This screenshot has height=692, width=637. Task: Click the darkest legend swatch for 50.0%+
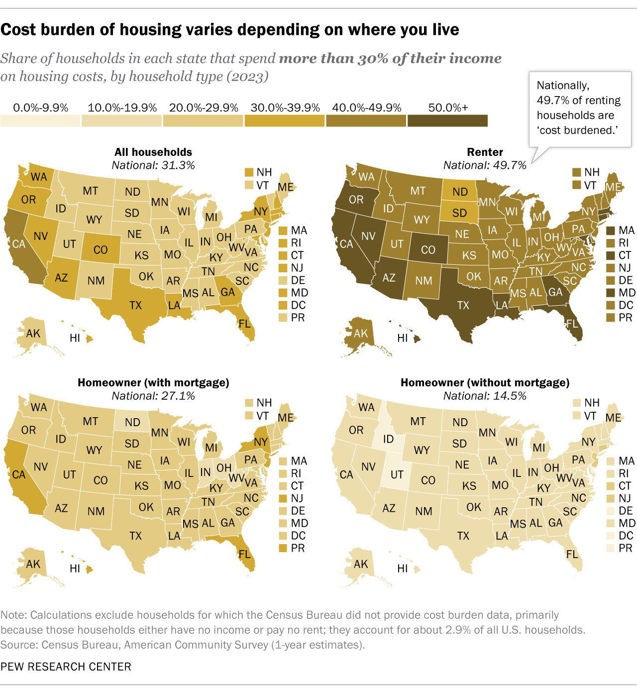click(x=447, y=120)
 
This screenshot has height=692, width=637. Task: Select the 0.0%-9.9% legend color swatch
click(x=40, y=120)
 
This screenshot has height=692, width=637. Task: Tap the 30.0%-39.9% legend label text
click(x=285, y=108)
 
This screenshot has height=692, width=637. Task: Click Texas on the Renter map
click(x=463, y=305)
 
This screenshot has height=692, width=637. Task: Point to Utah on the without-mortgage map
click(x=397, y=474)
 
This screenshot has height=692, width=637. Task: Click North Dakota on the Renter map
click(x=460, y=192)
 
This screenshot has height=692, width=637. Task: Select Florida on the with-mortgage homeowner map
click(x=244, y=554)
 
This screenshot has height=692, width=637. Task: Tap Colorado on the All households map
click(x=101, y=249)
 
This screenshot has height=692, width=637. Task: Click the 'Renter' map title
click(x=485, y=152)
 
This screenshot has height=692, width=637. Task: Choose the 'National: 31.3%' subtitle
click(x=153, y=165)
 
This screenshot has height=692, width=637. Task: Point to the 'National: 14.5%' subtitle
click(x=485, y=396)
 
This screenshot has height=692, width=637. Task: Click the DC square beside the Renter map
click(x=611, y=305)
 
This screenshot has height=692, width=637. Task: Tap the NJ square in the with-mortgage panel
click(x=283, y=498)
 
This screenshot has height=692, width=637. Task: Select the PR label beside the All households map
click(x=298, y=318)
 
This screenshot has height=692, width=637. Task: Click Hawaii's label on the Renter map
click(x=403, y=338)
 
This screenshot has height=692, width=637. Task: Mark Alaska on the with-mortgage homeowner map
click(x=33, y=564)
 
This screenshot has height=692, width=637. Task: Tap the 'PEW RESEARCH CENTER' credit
click(x=66, y=667)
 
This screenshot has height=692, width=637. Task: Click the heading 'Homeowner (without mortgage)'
click(x=485, y=382)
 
